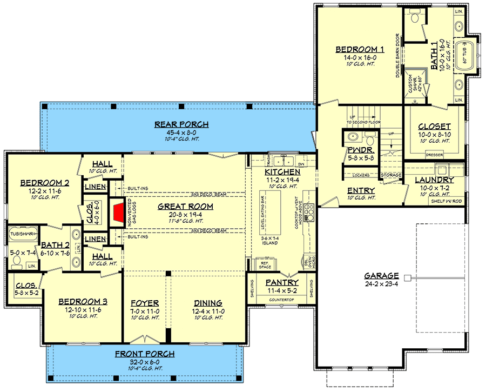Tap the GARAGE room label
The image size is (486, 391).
381,275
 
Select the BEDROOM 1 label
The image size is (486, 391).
356,50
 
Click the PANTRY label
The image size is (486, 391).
282,282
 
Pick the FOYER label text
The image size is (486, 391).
145,303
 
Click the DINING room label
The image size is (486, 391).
207,303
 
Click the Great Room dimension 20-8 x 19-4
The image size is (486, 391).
185,214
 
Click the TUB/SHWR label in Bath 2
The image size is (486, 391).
22,234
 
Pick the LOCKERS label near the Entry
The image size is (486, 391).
360,175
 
